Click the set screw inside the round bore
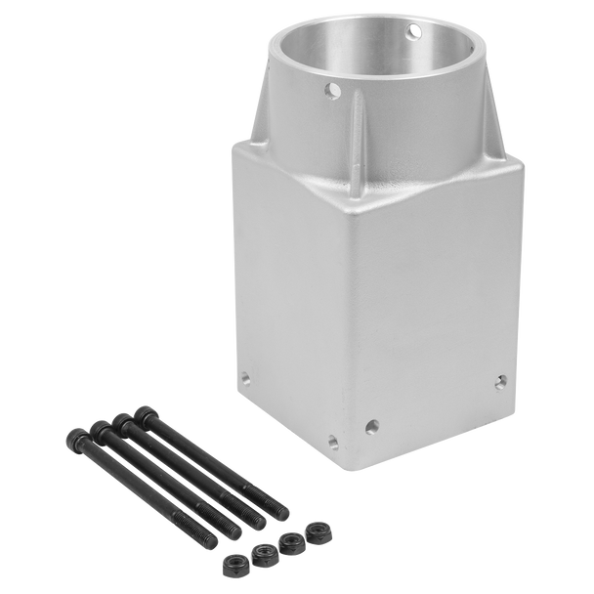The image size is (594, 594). (x=415, y=32)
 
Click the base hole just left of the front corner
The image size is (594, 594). (x=332, y=440)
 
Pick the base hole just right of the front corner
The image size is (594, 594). (x=372, y=425)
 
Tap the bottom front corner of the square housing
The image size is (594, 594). (x=353, y=467)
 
